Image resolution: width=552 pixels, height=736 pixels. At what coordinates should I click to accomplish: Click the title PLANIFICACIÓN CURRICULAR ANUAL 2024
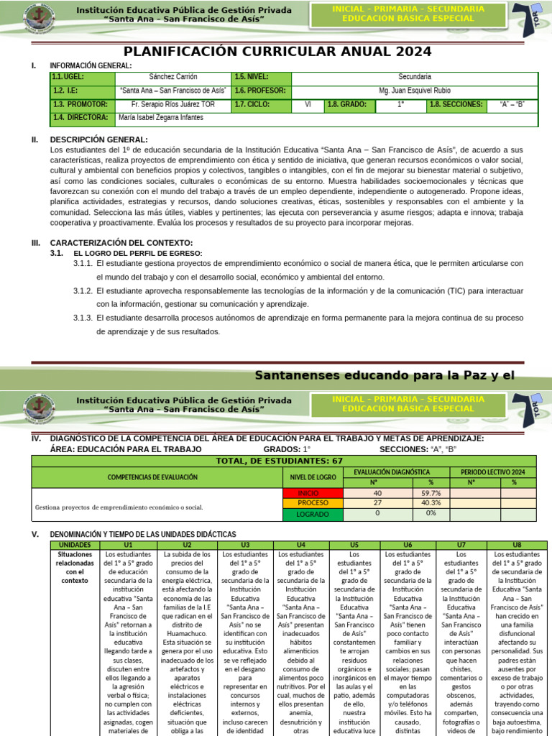coord(277,52)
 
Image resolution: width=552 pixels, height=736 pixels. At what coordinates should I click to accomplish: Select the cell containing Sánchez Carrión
coord(173,77)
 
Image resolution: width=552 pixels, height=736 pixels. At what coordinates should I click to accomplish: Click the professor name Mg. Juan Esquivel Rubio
coord(414,91)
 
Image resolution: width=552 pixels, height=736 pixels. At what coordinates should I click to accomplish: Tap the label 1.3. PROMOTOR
coord(80,105)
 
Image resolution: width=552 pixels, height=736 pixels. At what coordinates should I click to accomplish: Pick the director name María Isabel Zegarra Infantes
coord(161,118)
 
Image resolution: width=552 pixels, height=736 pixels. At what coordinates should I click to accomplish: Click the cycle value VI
coord(308,105)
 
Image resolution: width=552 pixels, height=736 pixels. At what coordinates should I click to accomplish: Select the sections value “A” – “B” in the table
coord(512,105)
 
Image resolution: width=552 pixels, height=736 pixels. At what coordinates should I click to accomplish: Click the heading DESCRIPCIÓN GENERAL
coord(98,139)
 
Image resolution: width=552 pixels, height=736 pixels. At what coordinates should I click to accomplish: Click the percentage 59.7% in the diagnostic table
coord(431,493)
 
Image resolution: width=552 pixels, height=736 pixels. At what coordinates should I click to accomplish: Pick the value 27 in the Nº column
coord(377,504)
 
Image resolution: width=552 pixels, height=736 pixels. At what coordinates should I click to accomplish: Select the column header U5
coord(354,546)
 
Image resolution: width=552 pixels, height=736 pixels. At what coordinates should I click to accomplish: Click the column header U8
coord(517,546)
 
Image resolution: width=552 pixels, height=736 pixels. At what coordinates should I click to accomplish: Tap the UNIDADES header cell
coord(74,546)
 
